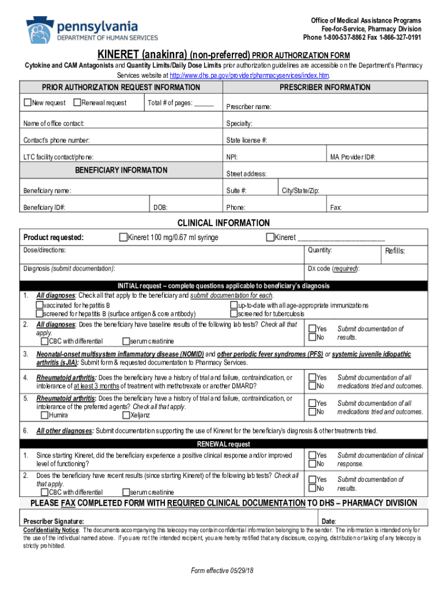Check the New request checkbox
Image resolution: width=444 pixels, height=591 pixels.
pos(27,103)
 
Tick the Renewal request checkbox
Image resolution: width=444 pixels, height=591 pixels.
pos(77,103)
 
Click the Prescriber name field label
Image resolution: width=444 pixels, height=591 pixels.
pos(249,107)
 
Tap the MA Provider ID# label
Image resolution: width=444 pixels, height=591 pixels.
pos(353,157)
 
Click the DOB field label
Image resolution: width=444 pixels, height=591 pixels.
pos(161,207)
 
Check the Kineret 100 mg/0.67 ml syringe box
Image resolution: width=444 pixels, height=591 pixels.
pos(123,237)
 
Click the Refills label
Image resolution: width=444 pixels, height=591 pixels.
pos(395,251)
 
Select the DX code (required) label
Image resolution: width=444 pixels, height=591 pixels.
pos(333,268)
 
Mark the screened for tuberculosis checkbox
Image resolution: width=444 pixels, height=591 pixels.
pos(234,313)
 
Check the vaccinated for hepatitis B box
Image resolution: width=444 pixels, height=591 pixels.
pos(40,305)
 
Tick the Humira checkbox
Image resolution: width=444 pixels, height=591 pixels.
pos(44,415)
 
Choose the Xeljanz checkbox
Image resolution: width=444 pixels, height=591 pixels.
pos(126,415)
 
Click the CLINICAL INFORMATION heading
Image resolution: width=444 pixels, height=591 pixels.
pos(223,223)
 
